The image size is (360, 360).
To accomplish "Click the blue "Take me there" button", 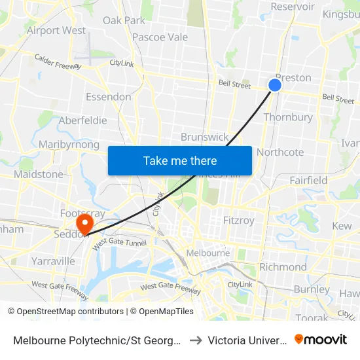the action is point(180,160).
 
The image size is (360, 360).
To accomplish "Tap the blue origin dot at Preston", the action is point(275,85).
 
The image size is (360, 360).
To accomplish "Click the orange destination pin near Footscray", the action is point(84,225).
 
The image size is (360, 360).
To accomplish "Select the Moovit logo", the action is point(321,339).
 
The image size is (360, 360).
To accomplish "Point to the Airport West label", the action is point(56,30).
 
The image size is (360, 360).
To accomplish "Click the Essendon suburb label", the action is point(109,97).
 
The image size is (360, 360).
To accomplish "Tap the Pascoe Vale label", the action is point(160,37).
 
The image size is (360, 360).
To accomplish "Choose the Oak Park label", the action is point(124,20).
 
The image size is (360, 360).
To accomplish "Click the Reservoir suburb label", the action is point(293,7).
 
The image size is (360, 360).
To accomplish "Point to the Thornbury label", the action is point(288,118).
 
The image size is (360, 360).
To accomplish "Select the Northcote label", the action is point(280,152).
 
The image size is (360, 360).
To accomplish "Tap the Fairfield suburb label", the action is point(308,180).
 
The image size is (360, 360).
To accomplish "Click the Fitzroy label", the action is point(239,221).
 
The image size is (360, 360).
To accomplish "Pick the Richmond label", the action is point(283,267).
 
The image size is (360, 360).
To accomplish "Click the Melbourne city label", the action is point(208,253).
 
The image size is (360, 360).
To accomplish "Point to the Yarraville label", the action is point(53,261).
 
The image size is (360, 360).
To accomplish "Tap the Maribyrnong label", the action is point(69,145).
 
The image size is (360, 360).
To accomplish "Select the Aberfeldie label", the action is point(82,120).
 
